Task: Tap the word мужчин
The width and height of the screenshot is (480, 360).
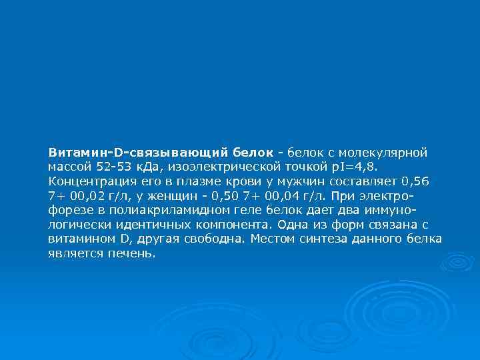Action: (x=295, y=181)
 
